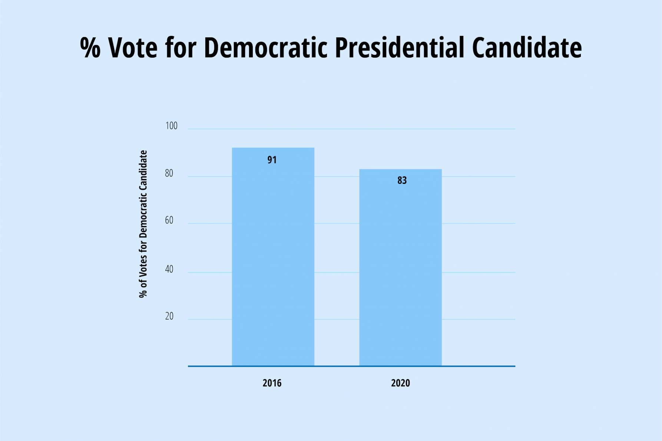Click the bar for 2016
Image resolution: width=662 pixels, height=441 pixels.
pos(273,259)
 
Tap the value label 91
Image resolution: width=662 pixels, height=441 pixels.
pos(272,160)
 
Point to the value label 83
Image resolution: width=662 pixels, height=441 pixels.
pos(402,180)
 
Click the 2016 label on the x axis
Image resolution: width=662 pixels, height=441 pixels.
pos(272,383)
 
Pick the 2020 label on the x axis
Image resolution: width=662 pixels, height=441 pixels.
pos(400,383)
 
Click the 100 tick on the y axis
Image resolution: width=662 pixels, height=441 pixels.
pos(171,126)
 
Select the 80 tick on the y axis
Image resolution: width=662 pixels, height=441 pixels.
pos(169,173)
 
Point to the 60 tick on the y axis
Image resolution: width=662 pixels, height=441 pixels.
pos(169,220)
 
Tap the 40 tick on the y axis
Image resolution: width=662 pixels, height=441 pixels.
pos(169,269)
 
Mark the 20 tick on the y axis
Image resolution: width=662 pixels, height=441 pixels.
pos(169,316)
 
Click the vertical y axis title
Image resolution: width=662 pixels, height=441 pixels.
pos(143,224)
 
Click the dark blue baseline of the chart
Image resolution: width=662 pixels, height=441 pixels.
pos(478,366)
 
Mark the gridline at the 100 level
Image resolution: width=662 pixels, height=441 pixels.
pos(478,129)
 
